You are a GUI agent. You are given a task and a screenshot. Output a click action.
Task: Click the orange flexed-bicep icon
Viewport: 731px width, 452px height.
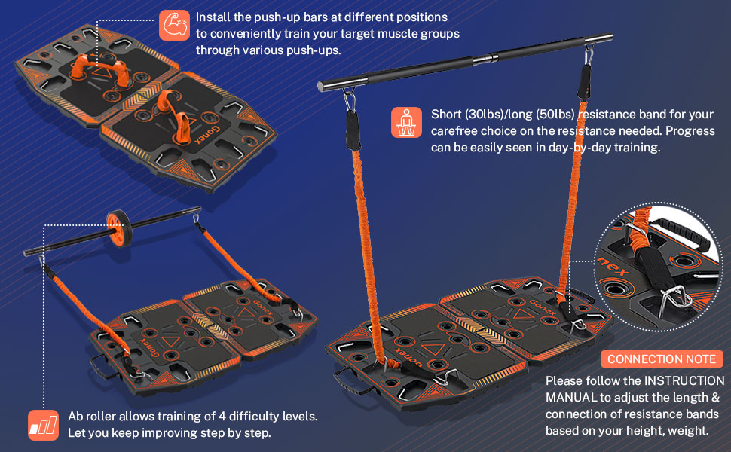(x=174, y=25)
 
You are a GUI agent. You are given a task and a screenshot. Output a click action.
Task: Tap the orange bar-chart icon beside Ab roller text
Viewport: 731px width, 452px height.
(x=43, y=425)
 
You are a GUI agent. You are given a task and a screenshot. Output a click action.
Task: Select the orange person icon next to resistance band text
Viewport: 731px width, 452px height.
(x=406, y=122)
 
